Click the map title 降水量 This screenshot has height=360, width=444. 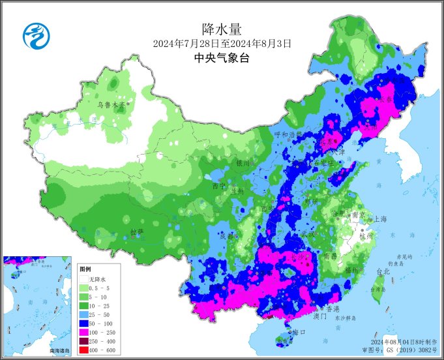click(x=222, y=29)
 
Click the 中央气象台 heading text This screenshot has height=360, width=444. click(x=222, y=58)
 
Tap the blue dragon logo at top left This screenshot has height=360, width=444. click(x=37, y=35)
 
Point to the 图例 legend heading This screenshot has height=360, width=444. click(x=85, y=269)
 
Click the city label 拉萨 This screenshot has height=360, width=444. click(x=136, y=232)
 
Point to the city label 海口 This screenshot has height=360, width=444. click(x=299, y=332)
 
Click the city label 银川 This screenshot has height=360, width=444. click(x=243, y=163)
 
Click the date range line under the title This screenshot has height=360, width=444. click(x=222, y=44)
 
